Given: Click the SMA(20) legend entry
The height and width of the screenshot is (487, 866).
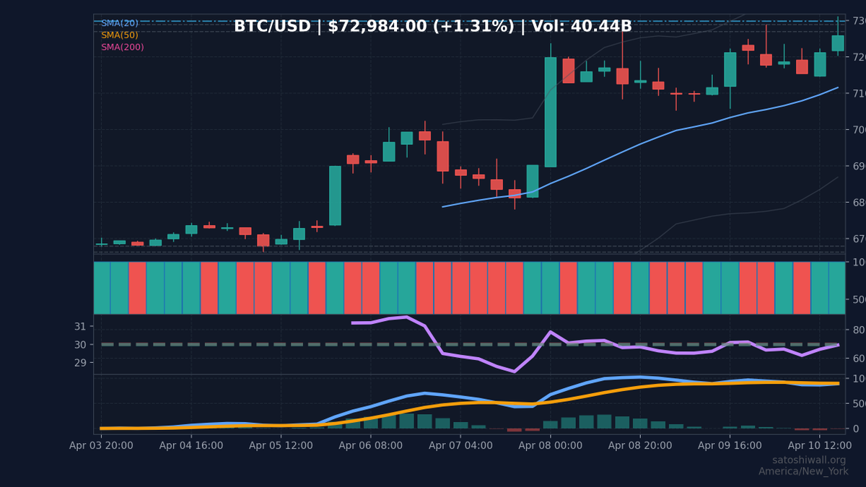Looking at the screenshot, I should (120, 23).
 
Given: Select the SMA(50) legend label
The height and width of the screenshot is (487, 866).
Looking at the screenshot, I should (120, 35).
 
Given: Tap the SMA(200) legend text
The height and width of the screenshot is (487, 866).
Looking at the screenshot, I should (122, 48).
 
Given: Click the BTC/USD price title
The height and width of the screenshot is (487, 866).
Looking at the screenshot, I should (432, 27).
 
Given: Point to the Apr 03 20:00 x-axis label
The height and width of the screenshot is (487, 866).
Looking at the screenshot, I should (101, 446).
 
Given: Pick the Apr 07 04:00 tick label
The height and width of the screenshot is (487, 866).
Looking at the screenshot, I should (460, 446).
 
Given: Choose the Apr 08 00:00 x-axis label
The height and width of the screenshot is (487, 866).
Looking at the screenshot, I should (551, 446).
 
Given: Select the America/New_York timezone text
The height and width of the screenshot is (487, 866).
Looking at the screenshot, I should (802, 472).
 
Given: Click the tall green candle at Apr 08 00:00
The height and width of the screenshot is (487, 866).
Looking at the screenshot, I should (551, 112).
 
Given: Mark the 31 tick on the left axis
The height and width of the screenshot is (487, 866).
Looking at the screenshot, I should (79, 326).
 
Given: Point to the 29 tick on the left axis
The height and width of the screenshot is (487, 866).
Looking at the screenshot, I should (79, 362).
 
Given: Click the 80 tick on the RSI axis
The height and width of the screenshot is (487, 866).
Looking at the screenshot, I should (859, 330).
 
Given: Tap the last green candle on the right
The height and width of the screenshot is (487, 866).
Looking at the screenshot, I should (837, 43).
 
